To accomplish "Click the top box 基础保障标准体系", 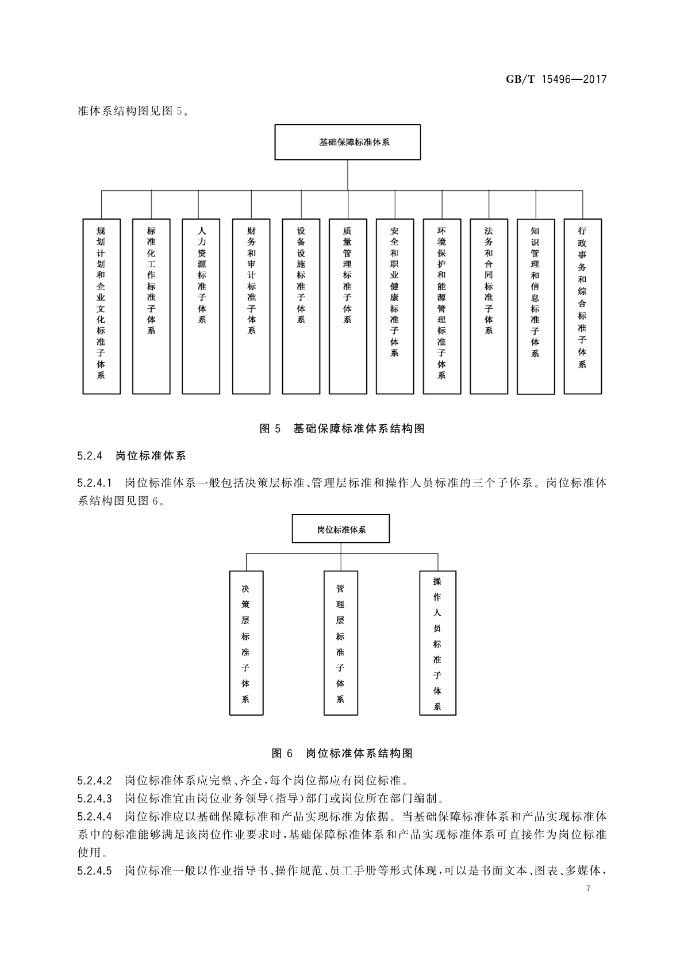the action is (x=347, y=142).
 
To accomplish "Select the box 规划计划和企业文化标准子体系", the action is (x=102, y=306).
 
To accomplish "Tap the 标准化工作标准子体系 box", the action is (x=151, y=306).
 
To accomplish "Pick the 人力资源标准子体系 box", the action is (x=201, y=306).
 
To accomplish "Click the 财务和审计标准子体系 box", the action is (x=251, y=306).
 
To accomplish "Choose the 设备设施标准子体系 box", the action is (x=301, y=306).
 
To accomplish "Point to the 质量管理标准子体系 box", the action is (x=347, y=306).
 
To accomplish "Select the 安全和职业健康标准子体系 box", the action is (x=395, y=306).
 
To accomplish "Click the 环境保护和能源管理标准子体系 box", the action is (x=442, y=306).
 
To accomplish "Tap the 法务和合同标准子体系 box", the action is (x=488, y=306).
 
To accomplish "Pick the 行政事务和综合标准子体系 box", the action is (x=582, y=306).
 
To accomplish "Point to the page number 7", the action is (x=588, y=888).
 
